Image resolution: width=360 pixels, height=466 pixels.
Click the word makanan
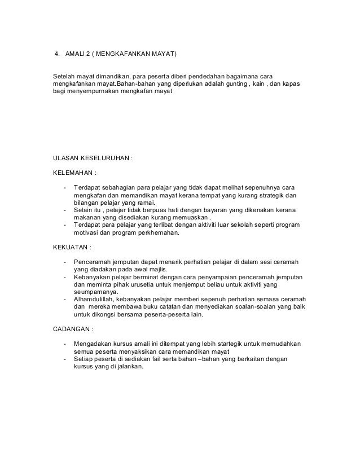(88, 219)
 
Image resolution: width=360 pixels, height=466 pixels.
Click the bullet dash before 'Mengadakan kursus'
(66, 343)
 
